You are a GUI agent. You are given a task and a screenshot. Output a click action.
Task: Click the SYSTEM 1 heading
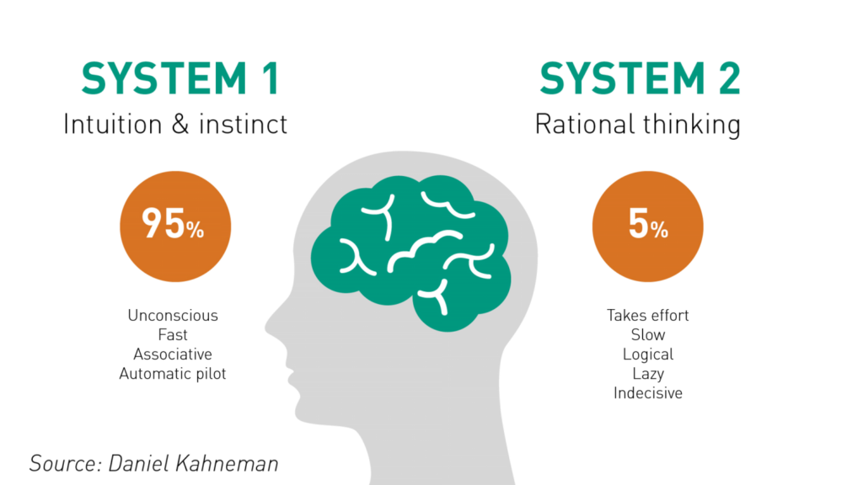(x=179, y=80)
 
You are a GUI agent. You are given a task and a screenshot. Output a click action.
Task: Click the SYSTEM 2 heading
(x=640, y=80)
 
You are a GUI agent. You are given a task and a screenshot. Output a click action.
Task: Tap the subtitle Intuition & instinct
(x=175, y=125)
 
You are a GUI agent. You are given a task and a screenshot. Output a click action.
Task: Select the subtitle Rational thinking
(x=638, y=125)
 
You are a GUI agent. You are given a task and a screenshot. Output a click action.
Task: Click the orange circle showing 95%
(x=175, y=226)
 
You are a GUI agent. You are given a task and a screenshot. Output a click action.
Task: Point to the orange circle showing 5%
(x=647, y=226)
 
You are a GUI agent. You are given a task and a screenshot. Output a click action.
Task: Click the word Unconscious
(x=173, y=316)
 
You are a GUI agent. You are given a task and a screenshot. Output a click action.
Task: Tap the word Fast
(x=173, y=335)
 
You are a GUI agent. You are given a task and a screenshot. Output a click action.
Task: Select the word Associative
(x=173, y=354)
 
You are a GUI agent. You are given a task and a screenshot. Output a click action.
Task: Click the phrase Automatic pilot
(x=173, y=374)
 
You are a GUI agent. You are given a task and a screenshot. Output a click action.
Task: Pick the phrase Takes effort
(x=647, y=316)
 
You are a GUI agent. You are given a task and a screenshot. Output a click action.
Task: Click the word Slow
(x=647, y=335)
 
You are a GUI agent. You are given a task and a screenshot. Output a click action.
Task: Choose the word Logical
(x=647, y=354)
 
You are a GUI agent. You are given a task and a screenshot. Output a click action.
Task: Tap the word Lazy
(x=647, y=374)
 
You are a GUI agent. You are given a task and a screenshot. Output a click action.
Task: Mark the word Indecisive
(x=647, y=393)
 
